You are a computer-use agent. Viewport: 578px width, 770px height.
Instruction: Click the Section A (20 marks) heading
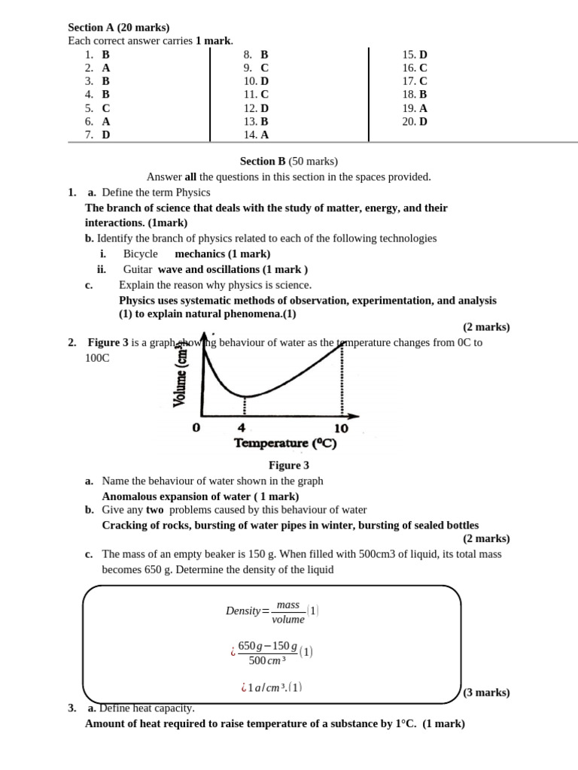coord(119,28)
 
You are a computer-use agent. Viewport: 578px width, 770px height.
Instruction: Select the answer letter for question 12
coord(264,108)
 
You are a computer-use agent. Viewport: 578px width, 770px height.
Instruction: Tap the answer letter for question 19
coord(424,108)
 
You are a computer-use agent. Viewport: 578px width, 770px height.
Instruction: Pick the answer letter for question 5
coord(106,108)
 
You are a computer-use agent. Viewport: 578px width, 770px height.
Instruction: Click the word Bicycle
coord(141,254)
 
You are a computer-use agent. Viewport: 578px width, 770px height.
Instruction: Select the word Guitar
coord(138,269)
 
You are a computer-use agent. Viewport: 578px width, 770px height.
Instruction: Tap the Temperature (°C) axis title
coord(285,444)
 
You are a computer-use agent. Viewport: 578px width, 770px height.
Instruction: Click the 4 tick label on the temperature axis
coord(242,428)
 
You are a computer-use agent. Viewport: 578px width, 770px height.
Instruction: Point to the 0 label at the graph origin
coord(196,428)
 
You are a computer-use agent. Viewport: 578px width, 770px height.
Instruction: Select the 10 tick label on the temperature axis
coord(341,428)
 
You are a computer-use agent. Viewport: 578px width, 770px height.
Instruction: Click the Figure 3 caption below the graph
coord(289,465)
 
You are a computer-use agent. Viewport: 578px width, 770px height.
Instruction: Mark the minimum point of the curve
coord(244,396)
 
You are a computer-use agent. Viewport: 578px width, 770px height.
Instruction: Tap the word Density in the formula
coord(242,611)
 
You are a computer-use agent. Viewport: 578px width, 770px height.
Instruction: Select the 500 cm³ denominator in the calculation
coord(267,661)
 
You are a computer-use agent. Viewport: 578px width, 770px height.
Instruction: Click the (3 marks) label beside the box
coord(485,693)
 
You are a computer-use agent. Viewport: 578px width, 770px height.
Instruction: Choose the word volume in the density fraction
coord(288,620)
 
